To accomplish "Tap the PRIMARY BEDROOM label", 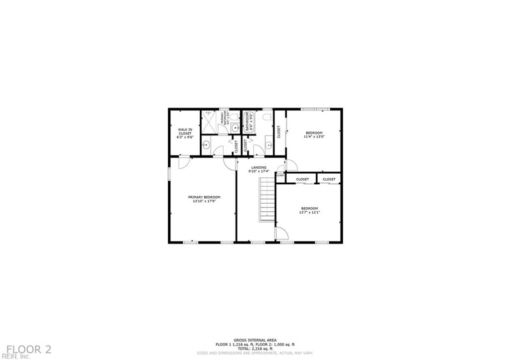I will [x=204, y=197].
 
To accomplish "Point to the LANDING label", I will [x=258, y=167].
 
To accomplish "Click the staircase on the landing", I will [x=267, y=199].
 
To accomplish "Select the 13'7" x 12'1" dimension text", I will [x=309, y=212].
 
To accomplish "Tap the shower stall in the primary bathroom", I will [x=209, y=122].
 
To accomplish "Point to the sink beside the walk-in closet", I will [x=206, y=145].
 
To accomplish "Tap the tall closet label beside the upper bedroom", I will [x=279, y=132].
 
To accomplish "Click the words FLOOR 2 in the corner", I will [x=29, y=349].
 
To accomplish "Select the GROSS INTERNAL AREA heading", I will [x=255, y=340].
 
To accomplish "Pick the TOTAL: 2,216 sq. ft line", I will [x=255, y=349].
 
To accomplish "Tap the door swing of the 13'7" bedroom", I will [x=281, y=233].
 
